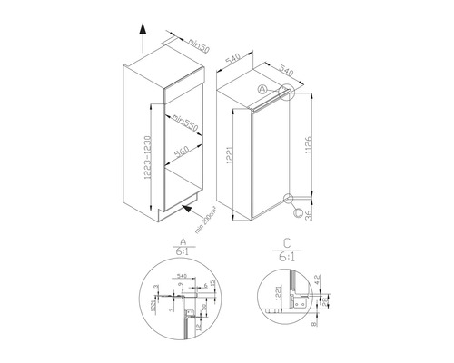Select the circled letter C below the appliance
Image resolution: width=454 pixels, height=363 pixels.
point(298,214)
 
